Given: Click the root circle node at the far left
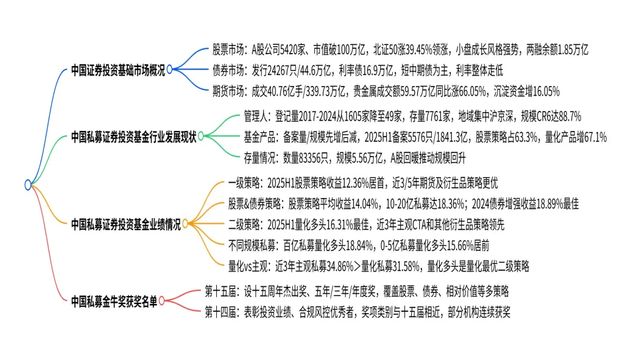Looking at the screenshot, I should pyautogui.click(x=28, y=184).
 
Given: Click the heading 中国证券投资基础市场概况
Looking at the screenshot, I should pyautogui.click(x=118, y=69).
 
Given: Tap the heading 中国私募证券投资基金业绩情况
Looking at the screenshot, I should pyautogui.click(x=125, y=224).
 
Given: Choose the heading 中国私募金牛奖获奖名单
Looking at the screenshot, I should pyautogui.click(x=113, y=300).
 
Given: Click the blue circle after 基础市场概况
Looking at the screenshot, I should pyautogui.click(x=170, y=69).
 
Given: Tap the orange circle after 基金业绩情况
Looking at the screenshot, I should pyautogui.click(x=186, y=224).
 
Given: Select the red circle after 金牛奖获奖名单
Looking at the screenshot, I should pyautogui.click(x=163, y=300).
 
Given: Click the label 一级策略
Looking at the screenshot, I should pyautogui.click(x=245, y=182).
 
